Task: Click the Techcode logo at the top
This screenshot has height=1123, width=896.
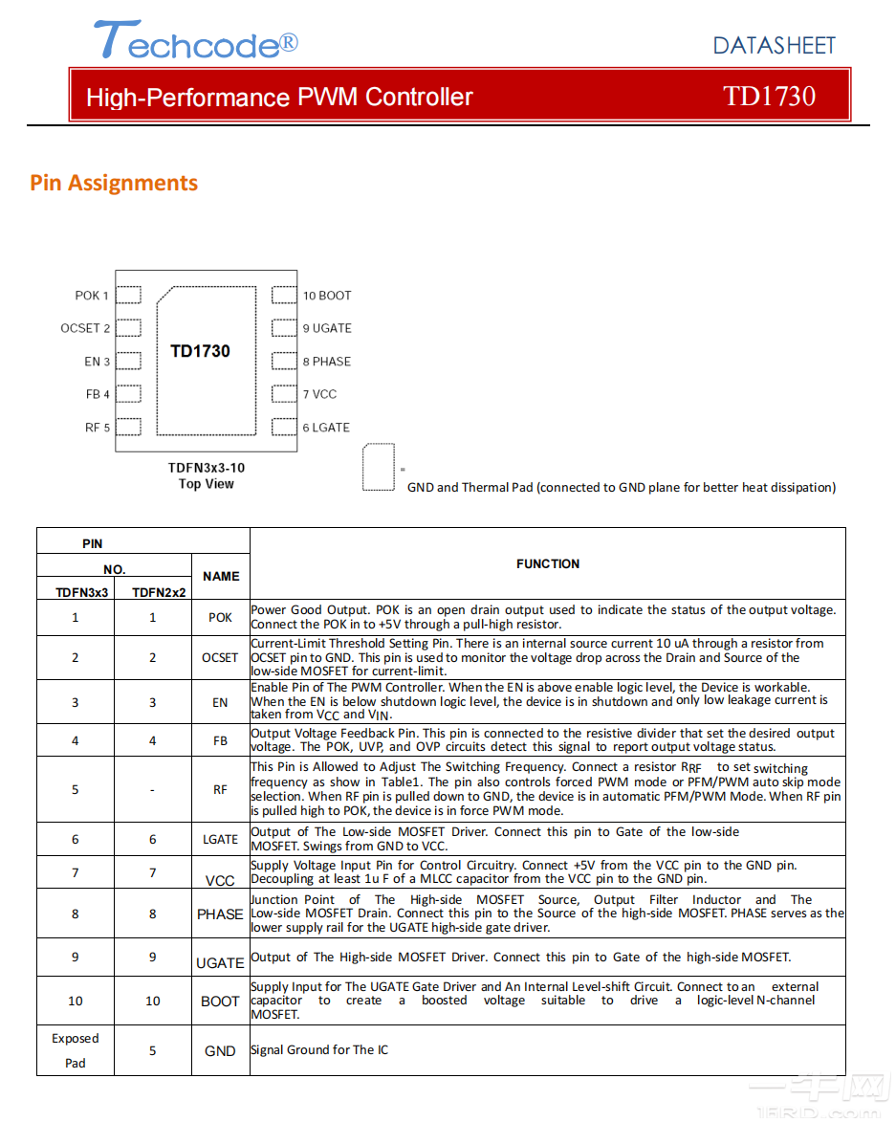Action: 195,41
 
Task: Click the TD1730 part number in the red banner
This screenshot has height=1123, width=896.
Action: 769,97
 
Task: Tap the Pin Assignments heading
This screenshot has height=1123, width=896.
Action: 114,183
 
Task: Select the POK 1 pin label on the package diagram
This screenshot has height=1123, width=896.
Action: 92,296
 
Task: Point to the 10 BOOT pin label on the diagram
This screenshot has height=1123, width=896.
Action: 327,296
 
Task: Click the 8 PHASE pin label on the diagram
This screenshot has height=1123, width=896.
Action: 327,362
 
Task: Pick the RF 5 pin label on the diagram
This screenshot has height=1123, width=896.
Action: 98,428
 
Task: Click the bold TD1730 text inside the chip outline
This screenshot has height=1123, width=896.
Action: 200,351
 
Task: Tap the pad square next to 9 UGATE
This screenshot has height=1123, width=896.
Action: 284,328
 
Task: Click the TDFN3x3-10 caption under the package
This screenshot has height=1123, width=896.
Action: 206,468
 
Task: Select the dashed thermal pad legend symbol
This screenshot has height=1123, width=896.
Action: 379,468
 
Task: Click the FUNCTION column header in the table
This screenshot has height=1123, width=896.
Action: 548,563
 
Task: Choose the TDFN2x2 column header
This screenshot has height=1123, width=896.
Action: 153,592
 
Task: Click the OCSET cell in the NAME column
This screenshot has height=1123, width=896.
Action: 220,657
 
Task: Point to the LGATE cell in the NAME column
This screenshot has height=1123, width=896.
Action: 220,839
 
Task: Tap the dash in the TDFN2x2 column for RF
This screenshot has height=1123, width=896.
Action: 153,790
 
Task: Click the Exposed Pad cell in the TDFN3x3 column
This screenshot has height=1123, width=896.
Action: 76,1050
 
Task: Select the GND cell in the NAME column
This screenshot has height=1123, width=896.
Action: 220,1050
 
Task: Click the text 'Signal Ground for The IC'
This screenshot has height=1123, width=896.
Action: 319,1049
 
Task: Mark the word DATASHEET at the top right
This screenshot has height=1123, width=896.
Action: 774,45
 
